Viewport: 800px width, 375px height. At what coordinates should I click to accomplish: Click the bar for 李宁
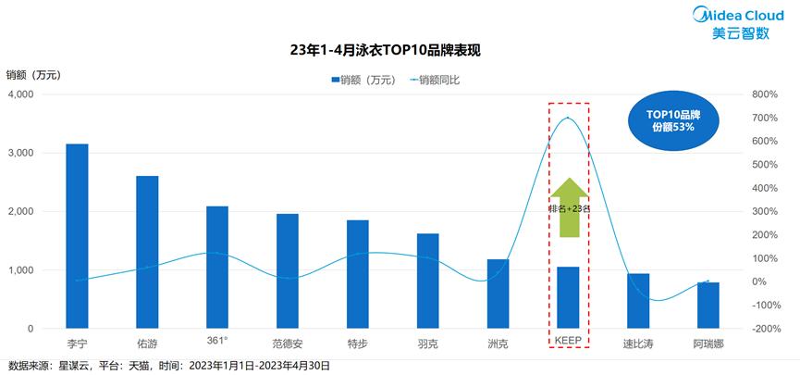point(78,236)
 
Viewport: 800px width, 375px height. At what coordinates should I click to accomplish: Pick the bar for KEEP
point(568,297)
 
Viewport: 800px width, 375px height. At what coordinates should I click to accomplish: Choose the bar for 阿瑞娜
point(708,306)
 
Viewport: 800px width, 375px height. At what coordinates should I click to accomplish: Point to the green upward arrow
point(568,206)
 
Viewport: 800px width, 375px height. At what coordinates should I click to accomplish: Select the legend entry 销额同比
point(434,80)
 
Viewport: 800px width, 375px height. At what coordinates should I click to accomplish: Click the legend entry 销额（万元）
point(363,80)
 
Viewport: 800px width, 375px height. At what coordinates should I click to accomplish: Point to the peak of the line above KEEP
point(568,118)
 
